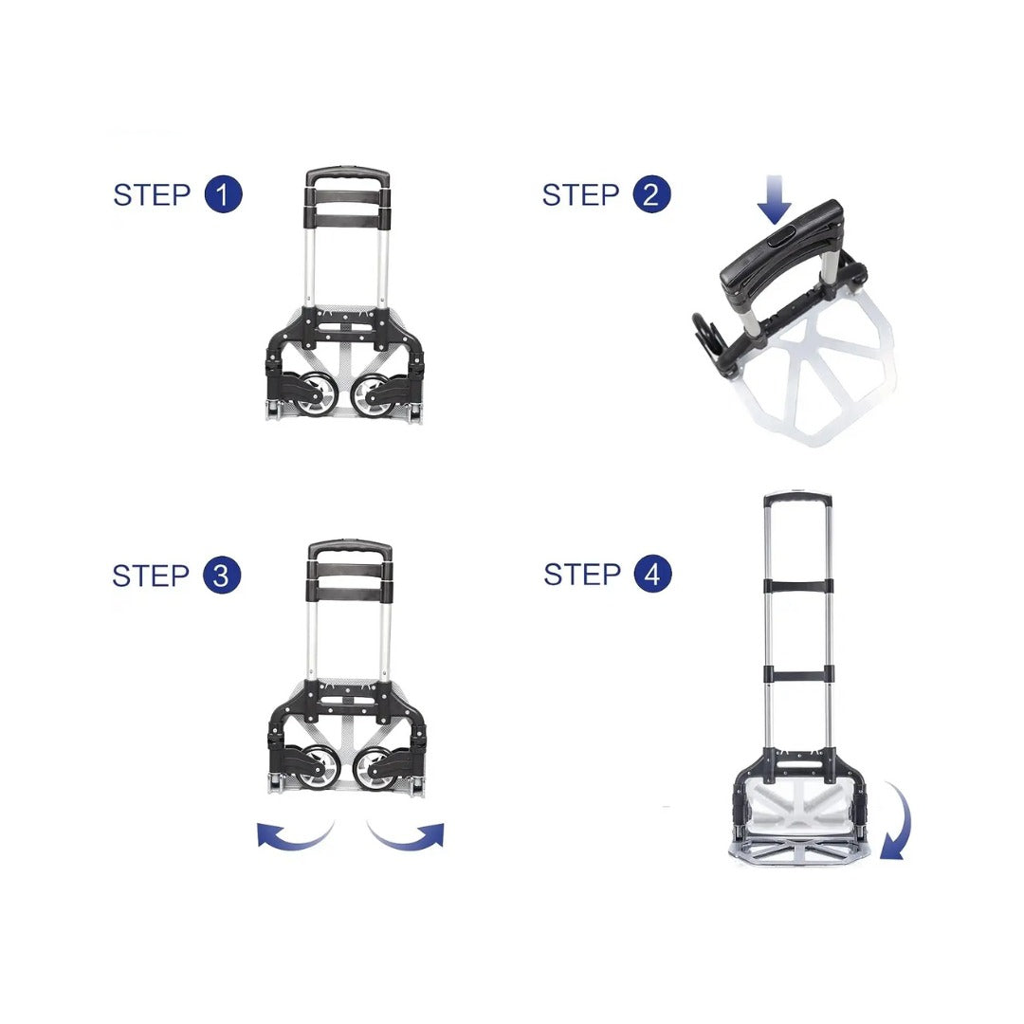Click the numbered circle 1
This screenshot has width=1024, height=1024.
(224, 194)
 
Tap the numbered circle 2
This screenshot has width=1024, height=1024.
(651, 194)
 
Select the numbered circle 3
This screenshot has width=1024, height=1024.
(222, 576)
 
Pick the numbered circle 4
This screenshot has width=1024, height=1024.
(652, 574)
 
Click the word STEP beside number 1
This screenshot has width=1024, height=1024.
(152, 194)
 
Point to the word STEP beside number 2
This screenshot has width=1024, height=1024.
(580, 194)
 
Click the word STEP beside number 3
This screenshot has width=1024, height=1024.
(151, 576)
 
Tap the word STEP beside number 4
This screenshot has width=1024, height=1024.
(582, 574)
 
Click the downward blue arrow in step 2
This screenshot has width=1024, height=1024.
(774, 199)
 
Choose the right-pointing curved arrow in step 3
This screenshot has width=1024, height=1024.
(406, 838)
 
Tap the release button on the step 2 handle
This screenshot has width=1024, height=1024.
(780, 234)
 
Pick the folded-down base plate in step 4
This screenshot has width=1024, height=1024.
(799, 850)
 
